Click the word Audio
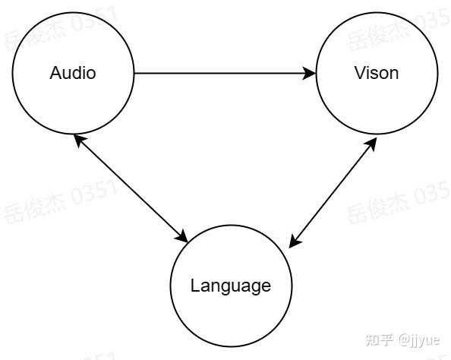coord(73,73)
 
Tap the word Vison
coord(377,73)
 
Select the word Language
coord(231,286)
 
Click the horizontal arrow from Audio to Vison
coord(225,73)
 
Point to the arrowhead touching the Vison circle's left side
coord(310,73)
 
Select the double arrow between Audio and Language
coord(131,188)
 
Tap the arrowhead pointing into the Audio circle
coord(80,141)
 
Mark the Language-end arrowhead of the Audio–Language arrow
coord(181,236)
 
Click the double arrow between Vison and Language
coord(333,192)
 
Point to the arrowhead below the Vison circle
coord(372,144)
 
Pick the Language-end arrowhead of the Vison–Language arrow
coord(294,242)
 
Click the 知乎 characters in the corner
coord(380,340)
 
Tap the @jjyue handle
coord(419,341)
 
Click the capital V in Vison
coord(360,73)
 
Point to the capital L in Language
coord(195,285)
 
